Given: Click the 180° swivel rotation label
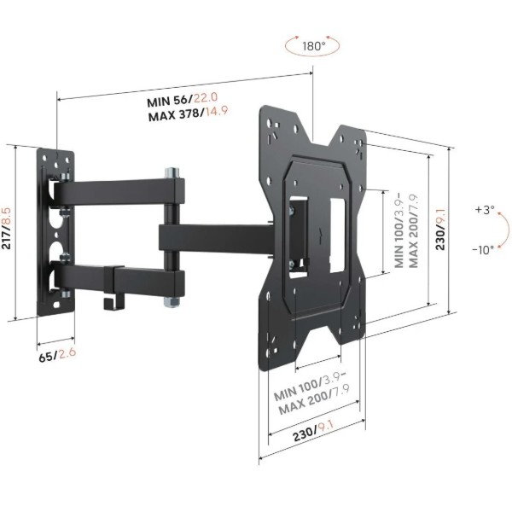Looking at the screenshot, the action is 314,46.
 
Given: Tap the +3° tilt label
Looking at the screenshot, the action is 485,209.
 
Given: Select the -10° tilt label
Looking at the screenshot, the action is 483,250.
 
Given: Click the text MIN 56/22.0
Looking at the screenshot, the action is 182,99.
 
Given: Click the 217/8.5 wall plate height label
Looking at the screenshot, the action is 6,228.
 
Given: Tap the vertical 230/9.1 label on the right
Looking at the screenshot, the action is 440,229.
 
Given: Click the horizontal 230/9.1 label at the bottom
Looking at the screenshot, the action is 313,431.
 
